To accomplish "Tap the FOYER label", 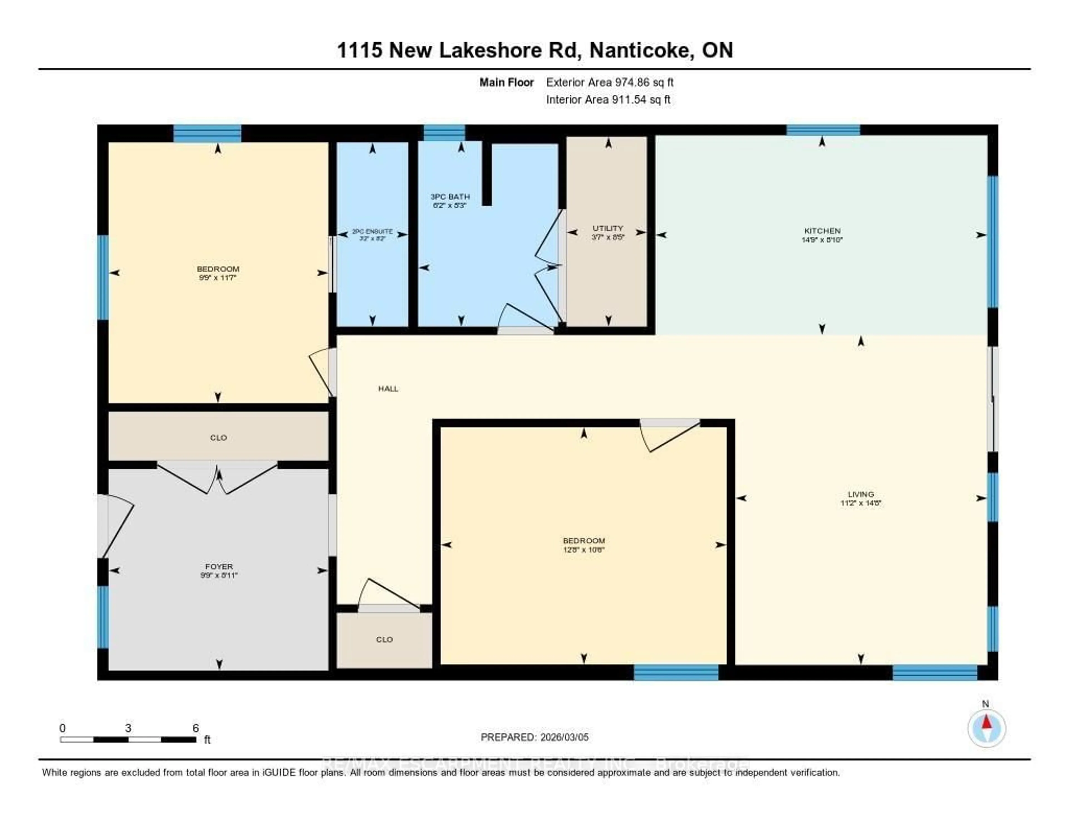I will pyautogui.click(x=219, y=566).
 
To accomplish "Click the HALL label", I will pyautogui.click(x=388, y=389).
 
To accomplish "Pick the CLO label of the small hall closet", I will pyautogui.click(x=384, y=639).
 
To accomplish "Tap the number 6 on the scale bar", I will pyautogui.click(x=195, y=728).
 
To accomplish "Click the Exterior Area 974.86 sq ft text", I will pyautogui.click(x=609, y=82).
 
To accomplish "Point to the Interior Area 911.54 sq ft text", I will pyautogui.click(x=608, y=100).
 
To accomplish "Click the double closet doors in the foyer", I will pyautogui.click(x=217, y=477).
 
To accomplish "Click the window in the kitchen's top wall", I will pyautogui.click(x=823, y=130).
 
